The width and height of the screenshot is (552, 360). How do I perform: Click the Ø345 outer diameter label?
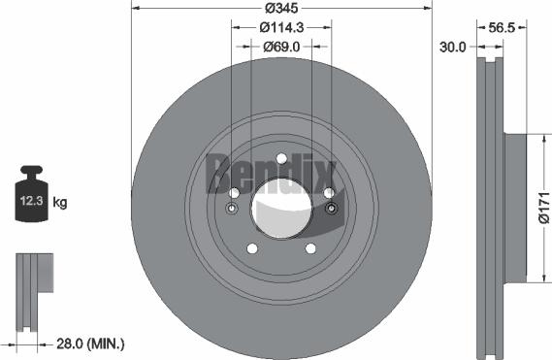pos(280,9)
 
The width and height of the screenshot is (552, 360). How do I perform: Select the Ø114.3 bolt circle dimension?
pos(280,28)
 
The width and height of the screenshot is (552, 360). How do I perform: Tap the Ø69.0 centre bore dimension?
pos(280,47)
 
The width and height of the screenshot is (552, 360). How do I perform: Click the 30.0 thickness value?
pos(452,47)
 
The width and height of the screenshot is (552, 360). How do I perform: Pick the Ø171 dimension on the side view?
pos(543,209)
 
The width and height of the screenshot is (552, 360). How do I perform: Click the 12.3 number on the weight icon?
pos(28,203)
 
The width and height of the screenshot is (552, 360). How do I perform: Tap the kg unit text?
pos(60,203)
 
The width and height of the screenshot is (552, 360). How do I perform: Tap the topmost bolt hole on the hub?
pos(281,159)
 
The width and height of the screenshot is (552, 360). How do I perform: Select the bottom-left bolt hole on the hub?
pos(250,248)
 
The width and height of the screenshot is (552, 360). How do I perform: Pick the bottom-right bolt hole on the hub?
pos(310,248)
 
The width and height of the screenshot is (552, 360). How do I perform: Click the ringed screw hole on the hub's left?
pos(232,210)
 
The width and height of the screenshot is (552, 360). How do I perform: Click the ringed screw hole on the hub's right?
pos(331,210)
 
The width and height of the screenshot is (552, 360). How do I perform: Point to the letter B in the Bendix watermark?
pos(219,172)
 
